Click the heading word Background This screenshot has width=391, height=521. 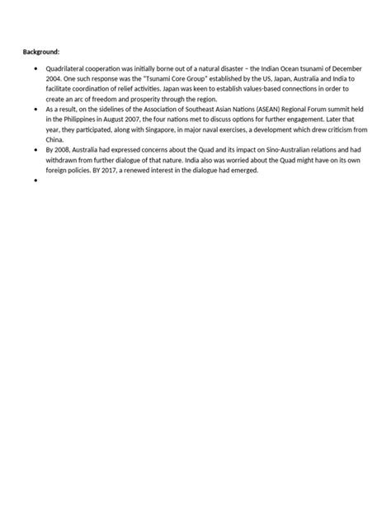(x=40, y=52)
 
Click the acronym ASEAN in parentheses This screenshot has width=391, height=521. (x=240, y=109)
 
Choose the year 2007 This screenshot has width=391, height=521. (x=129, y=118)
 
